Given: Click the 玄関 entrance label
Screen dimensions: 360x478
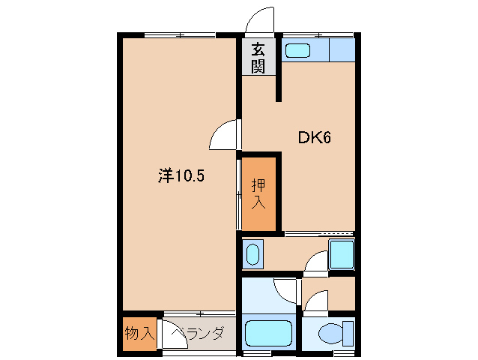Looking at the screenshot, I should (258, 57).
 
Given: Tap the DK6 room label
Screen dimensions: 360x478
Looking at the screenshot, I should (315, 138).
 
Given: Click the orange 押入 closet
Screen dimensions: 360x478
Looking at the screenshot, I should (258, 193).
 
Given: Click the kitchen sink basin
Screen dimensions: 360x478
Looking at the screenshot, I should (298, 51).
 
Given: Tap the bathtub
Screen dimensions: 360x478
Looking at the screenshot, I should (270, 331).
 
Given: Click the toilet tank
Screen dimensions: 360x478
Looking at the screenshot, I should (346, 332).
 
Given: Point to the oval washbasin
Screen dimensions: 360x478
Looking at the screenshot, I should (252, 254).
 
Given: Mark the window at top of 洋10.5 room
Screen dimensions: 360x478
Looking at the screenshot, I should (180, 35).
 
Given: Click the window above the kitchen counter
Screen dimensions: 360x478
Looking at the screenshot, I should (318, 35).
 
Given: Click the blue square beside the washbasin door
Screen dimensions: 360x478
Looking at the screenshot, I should (342, 255).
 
